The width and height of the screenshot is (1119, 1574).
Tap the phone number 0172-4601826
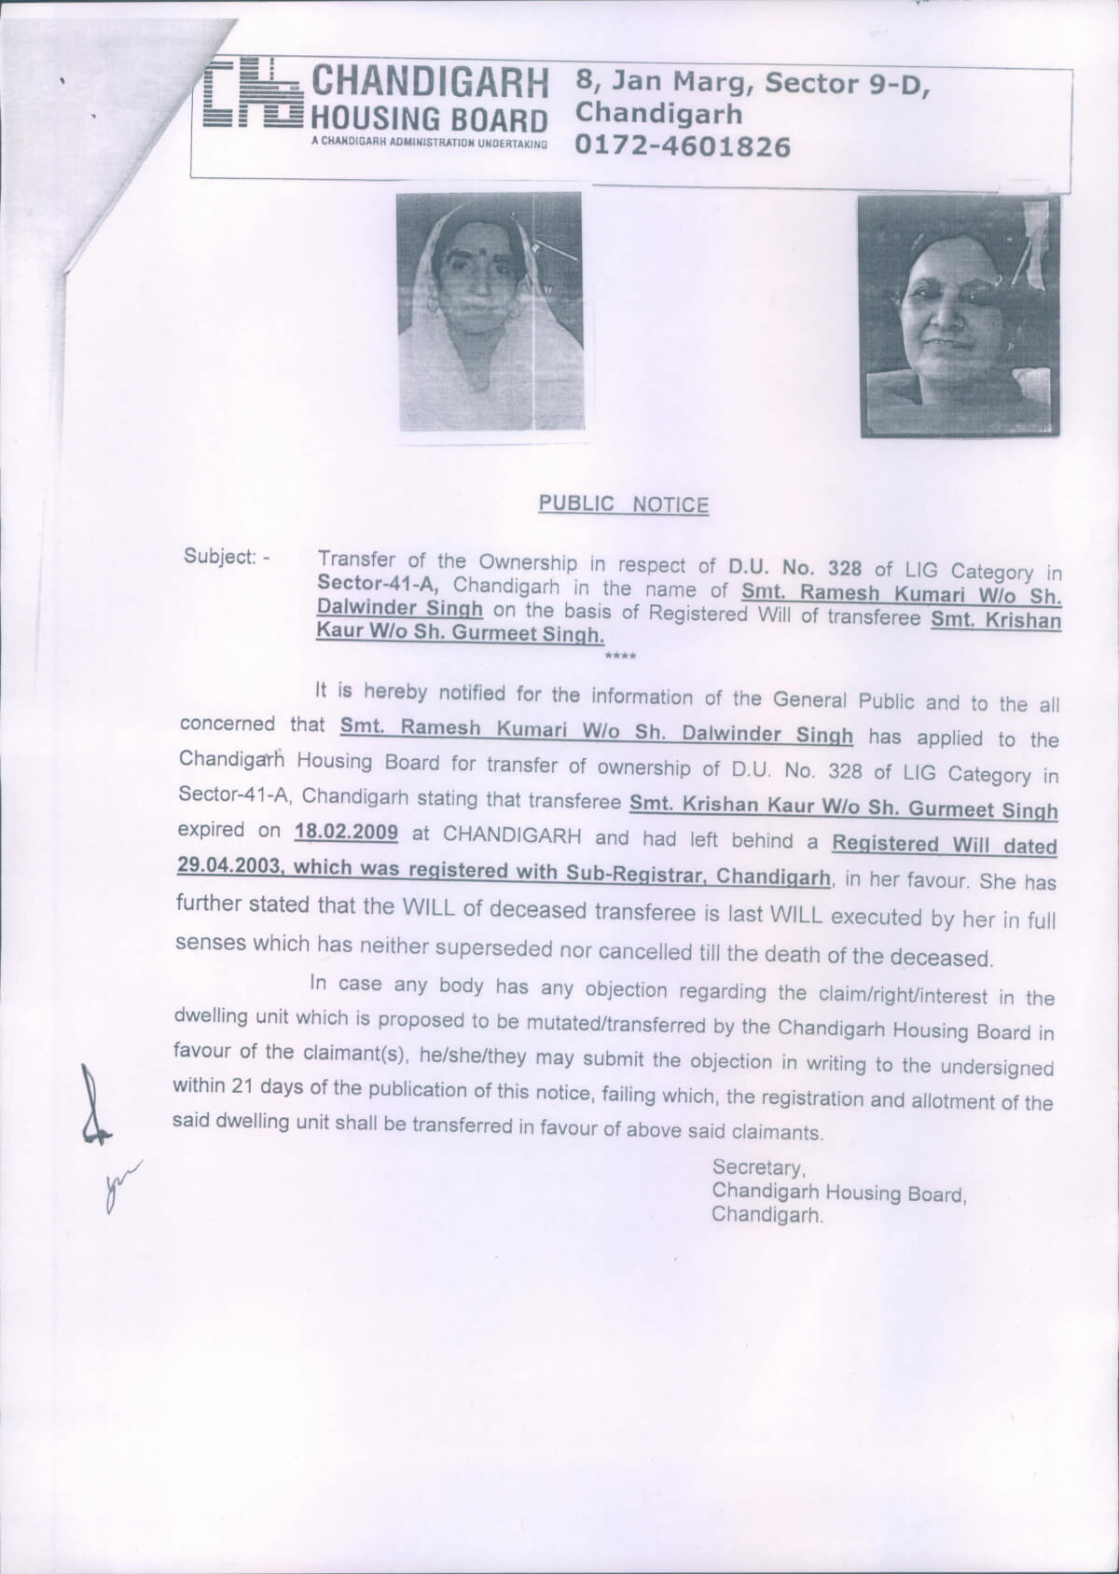tap(684, 146)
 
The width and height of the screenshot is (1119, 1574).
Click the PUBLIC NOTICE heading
tap(623, 504)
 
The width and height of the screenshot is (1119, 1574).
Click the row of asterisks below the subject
tap(620, 658)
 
